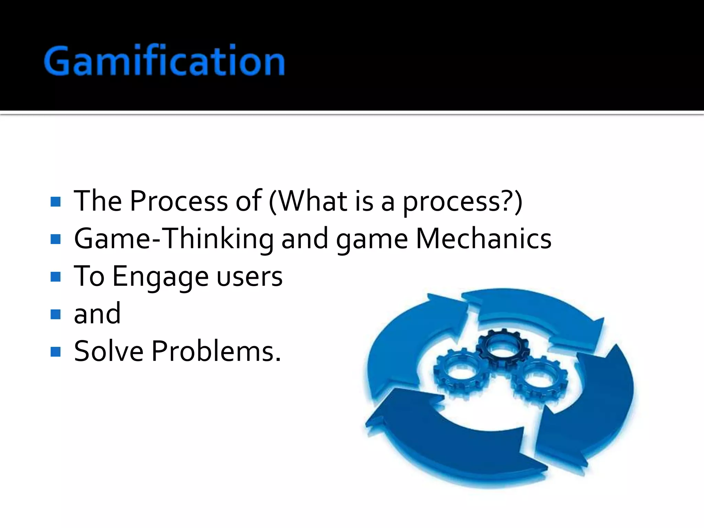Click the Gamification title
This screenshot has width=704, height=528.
(x=164, y=60)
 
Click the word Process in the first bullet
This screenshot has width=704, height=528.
(x=179, y=201)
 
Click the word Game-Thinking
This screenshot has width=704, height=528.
(x=174, y=239)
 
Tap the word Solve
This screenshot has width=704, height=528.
(x=109, y=351)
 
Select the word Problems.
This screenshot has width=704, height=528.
(x=216, y=351)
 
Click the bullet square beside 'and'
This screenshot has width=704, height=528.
(x=55, y=314)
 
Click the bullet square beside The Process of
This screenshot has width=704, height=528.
(x=55, y=201)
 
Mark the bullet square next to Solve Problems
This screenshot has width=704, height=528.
(x=55, y=352)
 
